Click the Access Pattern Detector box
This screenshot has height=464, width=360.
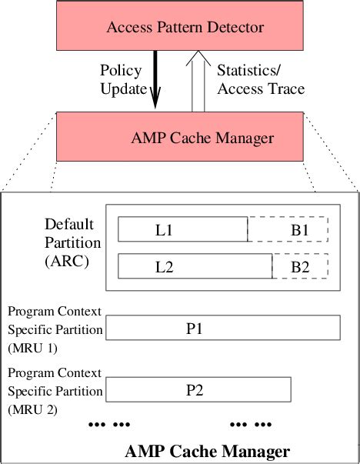(185, 28)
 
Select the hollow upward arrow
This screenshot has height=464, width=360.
(198, 81)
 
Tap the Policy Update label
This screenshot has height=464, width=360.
(122, 80)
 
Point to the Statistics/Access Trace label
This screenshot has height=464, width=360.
(261, 80)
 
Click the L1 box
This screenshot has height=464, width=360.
(182, 229)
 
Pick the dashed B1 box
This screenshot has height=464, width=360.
(288, 229)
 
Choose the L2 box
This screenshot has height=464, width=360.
(195, 267)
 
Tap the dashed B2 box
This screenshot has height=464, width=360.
(300, 267)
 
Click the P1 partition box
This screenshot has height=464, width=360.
(222, 328)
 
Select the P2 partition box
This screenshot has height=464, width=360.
(198, 389)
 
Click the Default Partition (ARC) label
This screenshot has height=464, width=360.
(68, 242)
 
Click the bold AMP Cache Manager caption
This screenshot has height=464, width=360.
(207, 451)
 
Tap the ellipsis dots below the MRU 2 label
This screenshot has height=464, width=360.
(110, 424)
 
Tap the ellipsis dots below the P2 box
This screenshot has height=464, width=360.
(251, 424)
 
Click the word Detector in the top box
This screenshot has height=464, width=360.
(236, 28)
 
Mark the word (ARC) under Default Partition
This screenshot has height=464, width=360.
(66, 260)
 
